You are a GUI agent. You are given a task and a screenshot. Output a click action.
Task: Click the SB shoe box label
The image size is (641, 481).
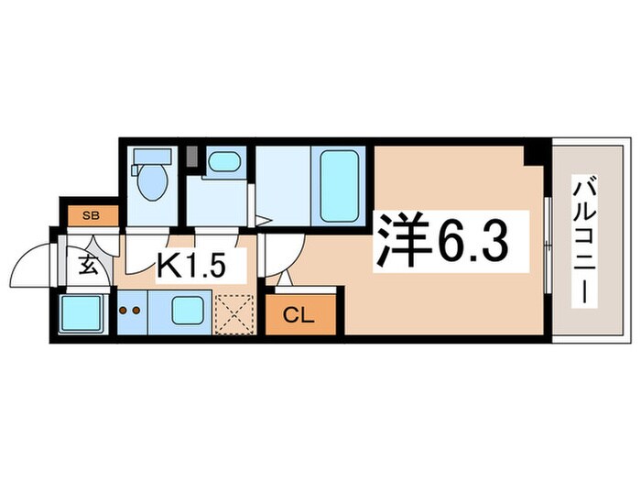tap(91, 216)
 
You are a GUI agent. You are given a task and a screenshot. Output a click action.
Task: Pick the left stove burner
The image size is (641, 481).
tap(125, 310)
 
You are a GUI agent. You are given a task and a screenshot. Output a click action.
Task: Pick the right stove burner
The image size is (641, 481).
tap(137, 310)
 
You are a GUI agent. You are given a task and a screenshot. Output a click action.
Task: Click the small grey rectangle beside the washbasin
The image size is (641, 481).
tap(193, 157)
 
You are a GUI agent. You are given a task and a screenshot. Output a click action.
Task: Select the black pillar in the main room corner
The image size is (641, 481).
tap(533, 153)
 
